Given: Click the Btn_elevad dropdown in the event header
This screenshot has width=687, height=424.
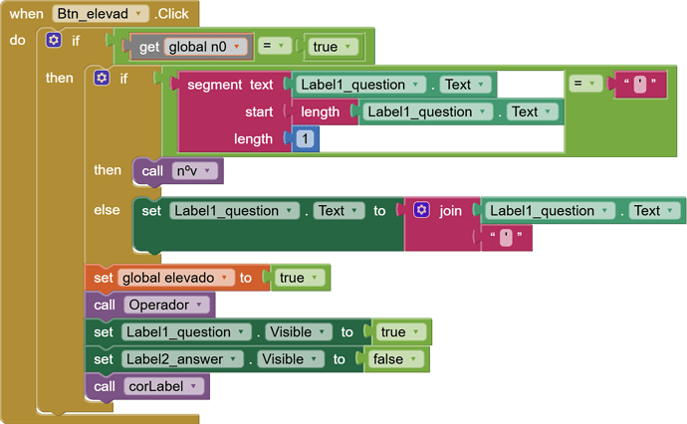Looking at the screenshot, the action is pos(101,14).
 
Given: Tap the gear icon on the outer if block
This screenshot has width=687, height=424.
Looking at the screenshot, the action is pos(54,40).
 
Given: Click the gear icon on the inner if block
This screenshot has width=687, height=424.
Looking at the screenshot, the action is pos(102,78).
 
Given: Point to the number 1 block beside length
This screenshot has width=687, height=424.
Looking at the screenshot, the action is pos(305,139).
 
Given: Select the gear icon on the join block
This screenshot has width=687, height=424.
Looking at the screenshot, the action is pos(421,210).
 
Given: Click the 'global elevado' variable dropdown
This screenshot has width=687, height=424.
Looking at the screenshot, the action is pos(176,278).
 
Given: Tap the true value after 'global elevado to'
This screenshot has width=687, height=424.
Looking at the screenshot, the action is pos(299,278).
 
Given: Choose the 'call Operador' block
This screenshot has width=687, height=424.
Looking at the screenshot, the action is pos(149,305).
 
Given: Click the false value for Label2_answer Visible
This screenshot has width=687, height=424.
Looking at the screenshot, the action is pos(395,359).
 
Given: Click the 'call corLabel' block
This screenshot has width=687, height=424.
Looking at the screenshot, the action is pos(147,386).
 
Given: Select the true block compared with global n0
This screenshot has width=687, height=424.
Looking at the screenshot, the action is pos(333,47).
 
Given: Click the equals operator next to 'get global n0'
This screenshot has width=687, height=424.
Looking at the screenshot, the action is pos(275,46).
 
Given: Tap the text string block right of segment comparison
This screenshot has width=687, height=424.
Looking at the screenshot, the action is pos(640,84).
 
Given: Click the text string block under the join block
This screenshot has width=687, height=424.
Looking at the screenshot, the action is pos(507,238).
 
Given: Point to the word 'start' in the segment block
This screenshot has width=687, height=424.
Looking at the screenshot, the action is pos(259,111).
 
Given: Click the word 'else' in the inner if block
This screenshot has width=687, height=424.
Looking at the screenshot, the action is pos(107,210).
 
